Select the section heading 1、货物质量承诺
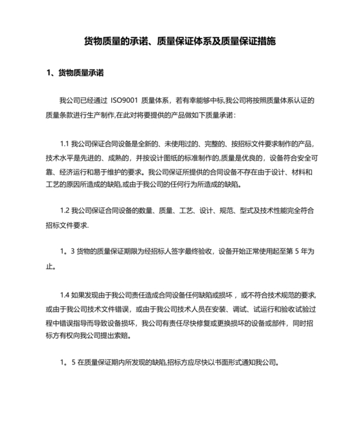tap(76, 73)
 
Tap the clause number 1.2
tap(64, 210)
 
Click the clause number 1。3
tap(65, 250)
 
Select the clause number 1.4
tap(64, 294)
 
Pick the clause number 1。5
tap(65, 362)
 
